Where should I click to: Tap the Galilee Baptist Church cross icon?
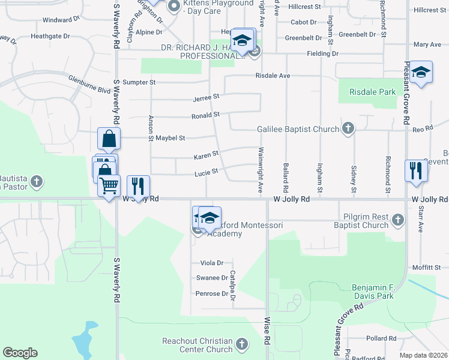click(x=348, y=128)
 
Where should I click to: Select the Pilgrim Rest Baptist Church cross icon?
click(x=397, y=221)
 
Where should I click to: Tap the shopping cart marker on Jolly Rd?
click(x=109, y=186)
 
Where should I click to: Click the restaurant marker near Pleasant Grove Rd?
click(x=415, y=171)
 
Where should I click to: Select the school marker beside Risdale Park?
click(x=421, y=73)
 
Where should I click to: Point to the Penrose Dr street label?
click(x=209, y=293)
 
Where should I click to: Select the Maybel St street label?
click(x=167, y=138)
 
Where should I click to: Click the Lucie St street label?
click(x=205, y=173)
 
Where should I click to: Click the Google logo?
click(x=20, y=353)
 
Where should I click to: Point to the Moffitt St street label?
click(x=427, y=267)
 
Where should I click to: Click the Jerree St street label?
click(x=206, y=96)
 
